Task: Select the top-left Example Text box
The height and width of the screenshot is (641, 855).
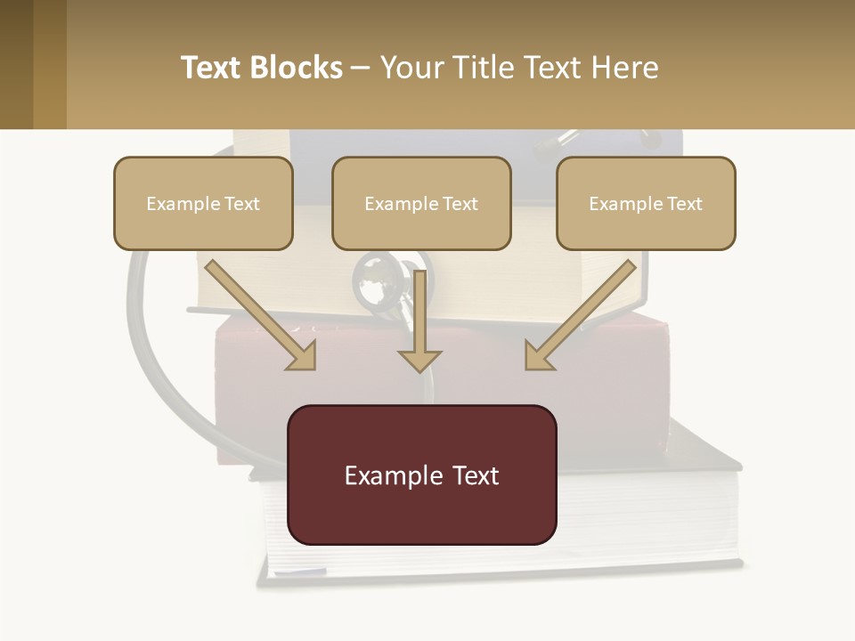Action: [203, 203]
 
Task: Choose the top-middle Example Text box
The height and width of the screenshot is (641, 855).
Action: [421, 203]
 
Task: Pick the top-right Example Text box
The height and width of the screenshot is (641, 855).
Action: [646, 203]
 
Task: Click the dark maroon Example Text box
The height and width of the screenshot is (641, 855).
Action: [422, 475]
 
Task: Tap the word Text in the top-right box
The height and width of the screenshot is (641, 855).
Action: [685, 204]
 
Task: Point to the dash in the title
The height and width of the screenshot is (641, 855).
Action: [361, 68]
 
